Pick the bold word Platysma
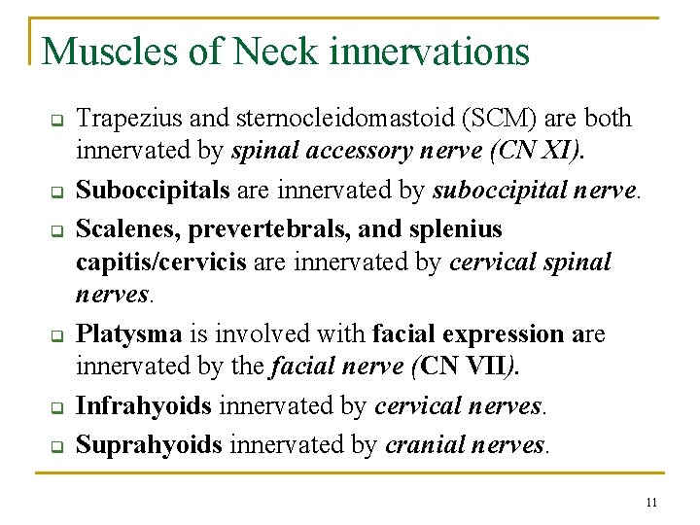pos(129,334)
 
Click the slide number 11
pos(651,502)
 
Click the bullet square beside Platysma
pos(56,337)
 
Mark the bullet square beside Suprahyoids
pos(56,447)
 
